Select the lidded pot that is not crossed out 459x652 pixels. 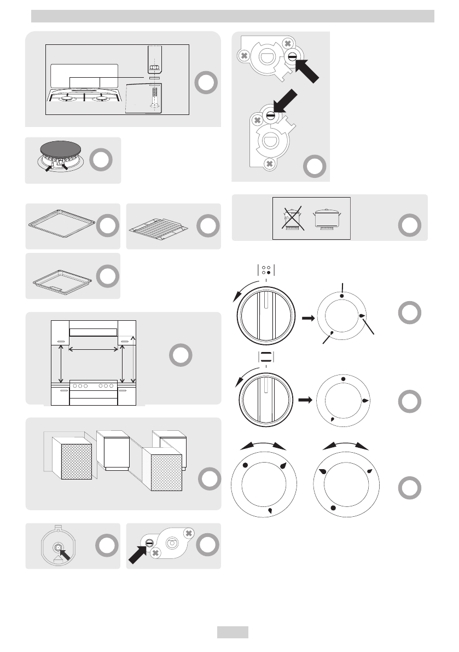(328, 218)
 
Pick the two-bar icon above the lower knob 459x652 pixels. (265, 356)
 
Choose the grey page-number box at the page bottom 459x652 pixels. (233, 632)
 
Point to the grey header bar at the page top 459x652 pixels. (233, 16)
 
